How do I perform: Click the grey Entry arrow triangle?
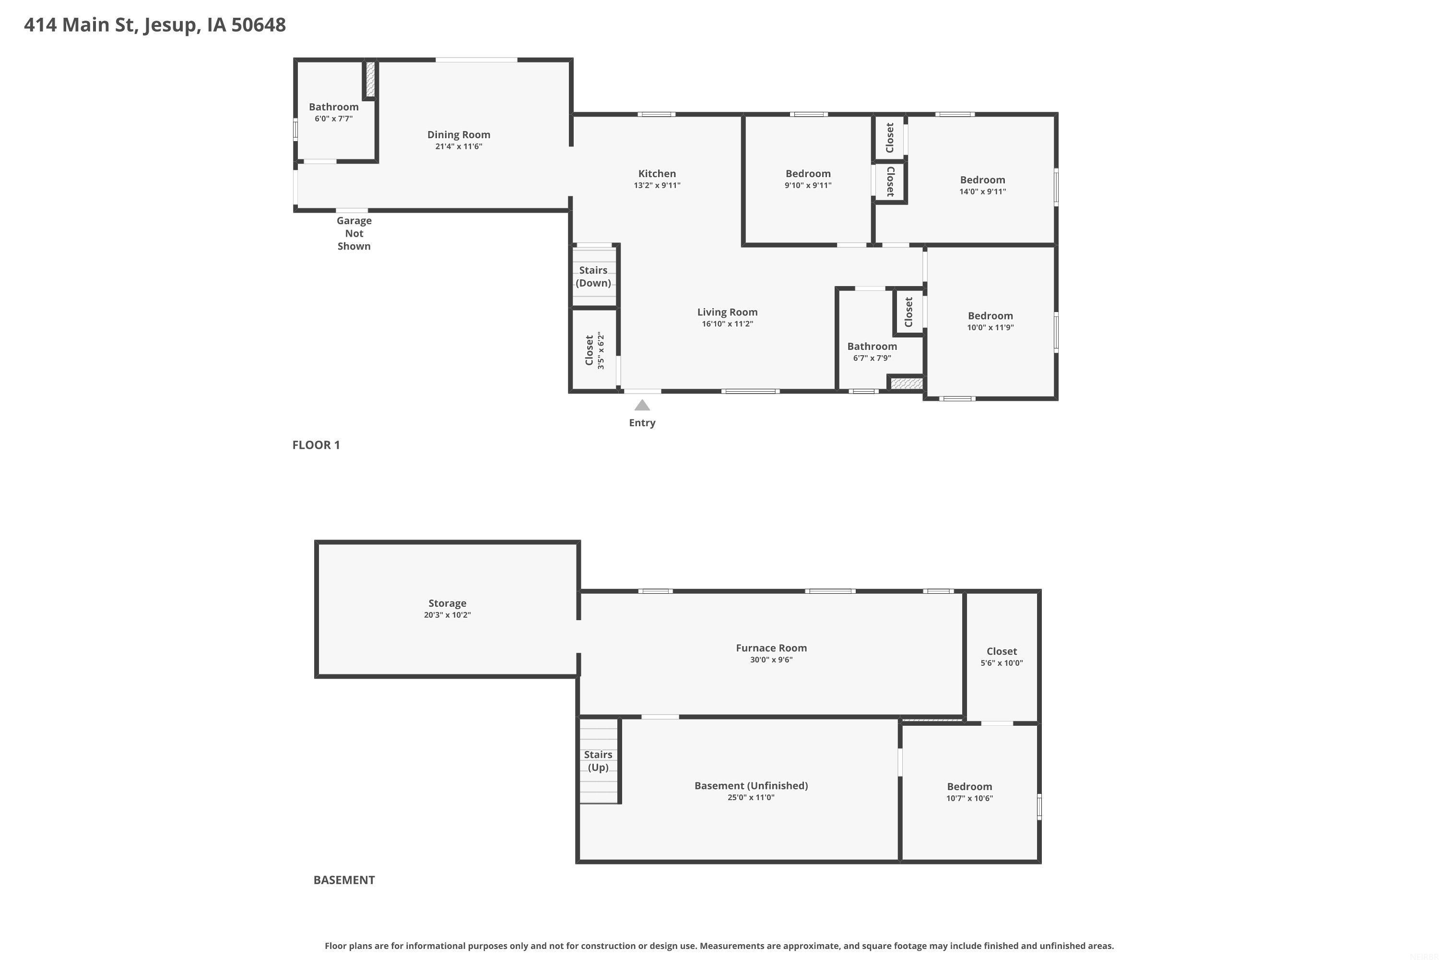pos(642,405)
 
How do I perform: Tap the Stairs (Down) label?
pos(593,276)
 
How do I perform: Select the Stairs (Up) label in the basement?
pos(598,761)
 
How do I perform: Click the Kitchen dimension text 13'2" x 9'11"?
pos(657,185)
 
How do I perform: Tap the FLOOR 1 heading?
pos(316,445)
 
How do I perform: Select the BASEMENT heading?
pos(344,880)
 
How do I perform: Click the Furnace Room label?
pos(771,648)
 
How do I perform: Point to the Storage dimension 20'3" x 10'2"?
pos(447,615)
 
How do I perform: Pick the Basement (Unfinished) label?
pos(751,785)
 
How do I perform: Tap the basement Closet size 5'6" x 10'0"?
pos(1002,663)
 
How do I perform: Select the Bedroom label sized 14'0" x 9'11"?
pos(982,180)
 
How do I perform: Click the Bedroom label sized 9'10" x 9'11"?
pos(808,174)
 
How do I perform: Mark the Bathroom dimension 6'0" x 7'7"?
pos(333,119)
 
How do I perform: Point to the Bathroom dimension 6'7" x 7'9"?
pos(873,358)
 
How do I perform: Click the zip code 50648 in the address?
pos(258,25)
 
